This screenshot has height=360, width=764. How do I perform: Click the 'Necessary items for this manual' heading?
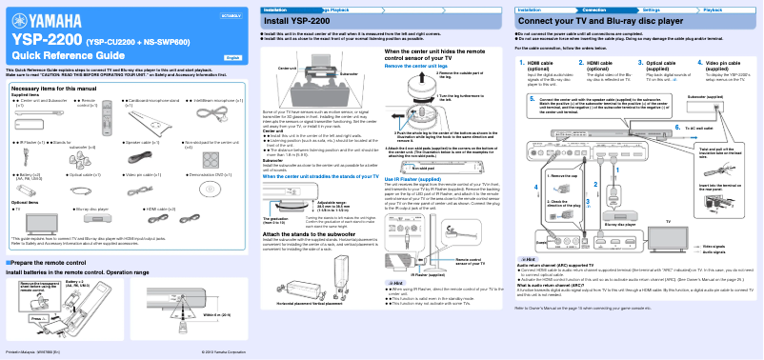52,88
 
